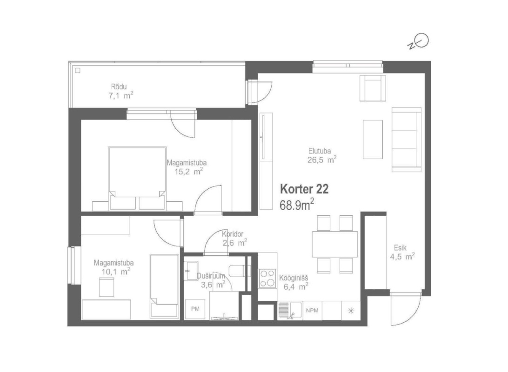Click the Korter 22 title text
click(304, 189)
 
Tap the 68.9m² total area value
click(297, 205)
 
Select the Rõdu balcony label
click(119, 86)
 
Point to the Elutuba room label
click(320, 151)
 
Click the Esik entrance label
click(400, 248)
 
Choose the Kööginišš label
click(294, 278)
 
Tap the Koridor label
click(233, 234)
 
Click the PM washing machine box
click(195, 309)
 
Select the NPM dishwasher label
click(312, 311)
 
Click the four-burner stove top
click(267, 279)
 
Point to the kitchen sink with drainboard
click(290, 311)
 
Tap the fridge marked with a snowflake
click(351, 311)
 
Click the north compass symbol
click(419, 42)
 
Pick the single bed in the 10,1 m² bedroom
click(164, 286)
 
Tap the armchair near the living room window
click(373, 88)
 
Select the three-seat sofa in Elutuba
click(406, 139)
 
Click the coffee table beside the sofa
click(373, 139)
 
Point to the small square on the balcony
click(77, 70)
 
